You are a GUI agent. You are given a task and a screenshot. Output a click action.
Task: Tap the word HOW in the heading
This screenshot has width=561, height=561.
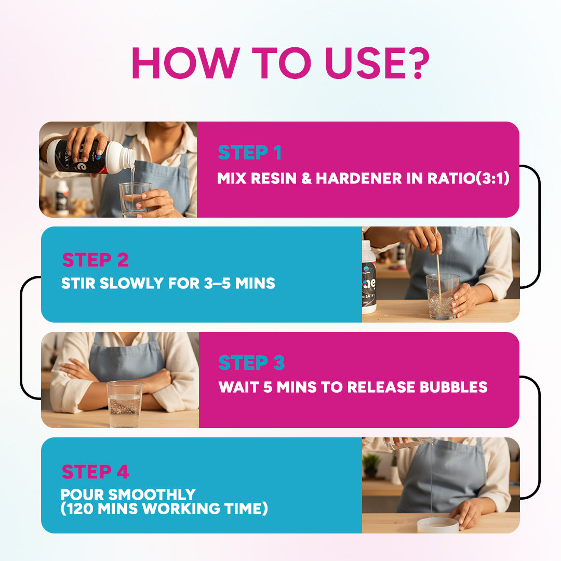185,63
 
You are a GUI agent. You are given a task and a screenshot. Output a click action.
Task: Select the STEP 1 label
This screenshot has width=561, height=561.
249,152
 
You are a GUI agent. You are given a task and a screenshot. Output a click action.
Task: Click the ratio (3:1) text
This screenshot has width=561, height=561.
492,178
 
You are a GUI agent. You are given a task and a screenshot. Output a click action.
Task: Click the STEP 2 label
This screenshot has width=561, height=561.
95,260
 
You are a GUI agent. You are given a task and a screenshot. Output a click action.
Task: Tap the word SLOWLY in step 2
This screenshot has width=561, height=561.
131,284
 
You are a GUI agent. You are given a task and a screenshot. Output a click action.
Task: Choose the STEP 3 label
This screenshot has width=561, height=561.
251,363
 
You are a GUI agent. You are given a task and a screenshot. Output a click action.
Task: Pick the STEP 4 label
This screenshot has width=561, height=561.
95,472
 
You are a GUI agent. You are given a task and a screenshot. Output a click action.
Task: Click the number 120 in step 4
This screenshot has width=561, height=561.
80,509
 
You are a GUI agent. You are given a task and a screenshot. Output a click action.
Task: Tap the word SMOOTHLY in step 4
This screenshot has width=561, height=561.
152,495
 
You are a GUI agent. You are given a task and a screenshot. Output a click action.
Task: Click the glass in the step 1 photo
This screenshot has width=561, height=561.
135,199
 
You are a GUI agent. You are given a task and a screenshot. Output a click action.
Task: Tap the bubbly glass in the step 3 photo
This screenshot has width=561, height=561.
124,404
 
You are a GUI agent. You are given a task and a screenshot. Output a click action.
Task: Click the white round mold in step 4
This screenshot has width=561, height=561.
438,525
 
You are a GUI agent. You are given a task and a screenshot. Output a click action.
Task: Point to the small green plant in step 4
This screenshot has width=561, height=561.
371,465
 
